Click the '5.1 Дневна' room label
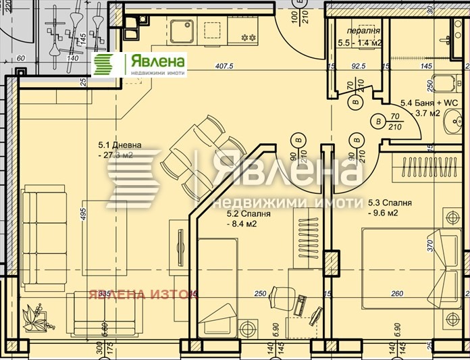click(x=120, y=145)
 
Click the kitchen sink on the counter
click(x=182, y=30)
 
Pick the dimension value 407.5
click(x=224, y=66)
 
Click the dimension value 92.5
click(x=358, y=66)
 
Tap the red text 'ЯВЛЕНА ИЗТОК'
click(x=142, y=294)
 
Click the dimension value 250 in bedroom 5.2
click(x=261, y=293)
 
